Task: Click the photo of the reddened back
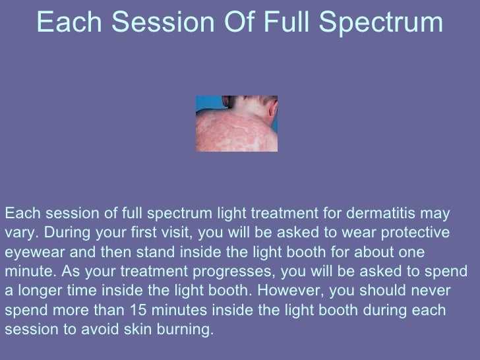(x=236, y=123)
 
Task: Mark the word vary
(x=17, y=234)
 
